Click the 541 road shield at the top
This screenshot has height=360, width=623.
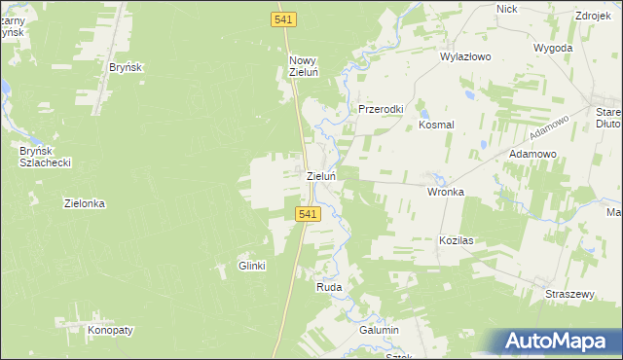point(283,19)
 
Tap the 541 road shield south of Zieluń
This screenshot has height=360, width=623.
point(306,214)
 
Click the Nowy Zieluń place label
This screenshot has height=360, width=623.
point(303,66)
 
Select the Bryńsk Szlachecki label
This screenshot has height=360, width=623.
point(47,156)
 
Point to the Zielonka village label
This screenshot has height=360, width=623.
point(85,204)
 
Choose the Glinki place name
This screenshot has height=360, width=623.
point(252,266)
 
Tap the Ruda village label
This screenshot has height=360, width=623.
point(329,288)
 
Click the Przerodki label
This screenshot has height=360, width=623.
point(381,110)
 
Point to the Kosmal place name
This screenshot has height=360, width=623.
point(437,126)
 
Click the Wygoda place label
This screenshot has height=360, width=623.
point(554,47)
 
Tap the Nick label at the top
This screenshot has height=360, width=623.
point(506,8)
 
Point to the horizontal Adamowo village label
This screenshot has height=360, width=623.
point(532,155)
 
